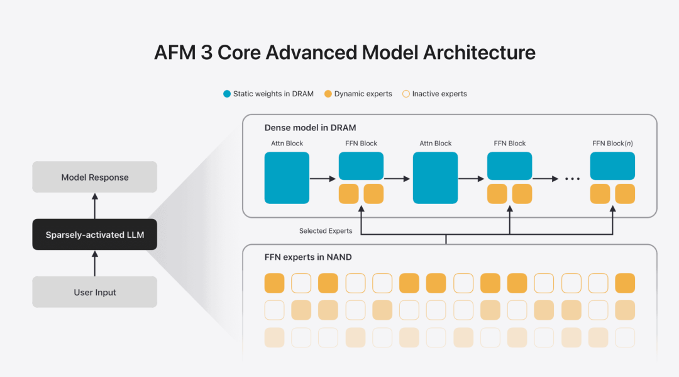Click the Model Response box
tap(94, 177)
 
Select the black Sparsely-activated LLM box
tap(94, 234)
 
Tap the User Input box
tap(94, 292)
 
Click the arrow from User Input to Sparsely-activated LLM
tap(95, 264)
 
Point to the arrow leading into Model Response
tap(95, 206)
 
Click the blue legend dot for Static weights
tap(227, 94)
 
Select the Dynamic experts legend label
tap(363, 94)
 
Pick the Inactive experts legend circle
tap(406, 94)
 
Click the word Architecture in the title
tap(479, 52)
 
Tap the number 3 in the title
tap(206, 52)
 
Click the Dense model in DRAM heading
tap(310, 128)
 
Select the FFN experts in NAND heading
tap(308, 257)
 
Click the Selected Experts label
tap(326, 231)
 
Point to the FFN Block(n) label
tap(612, 143)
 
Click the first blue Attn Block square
tap(287, 177)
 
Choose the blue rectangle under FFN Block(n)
tap(612, 166)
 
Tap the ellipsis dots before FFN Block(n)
tap(572, 179)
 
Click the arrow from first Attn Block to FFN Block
tap(323, 179)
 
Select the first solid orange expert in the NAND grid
tap(274, 283)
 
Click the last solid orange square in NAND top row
tap(625, 283)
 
